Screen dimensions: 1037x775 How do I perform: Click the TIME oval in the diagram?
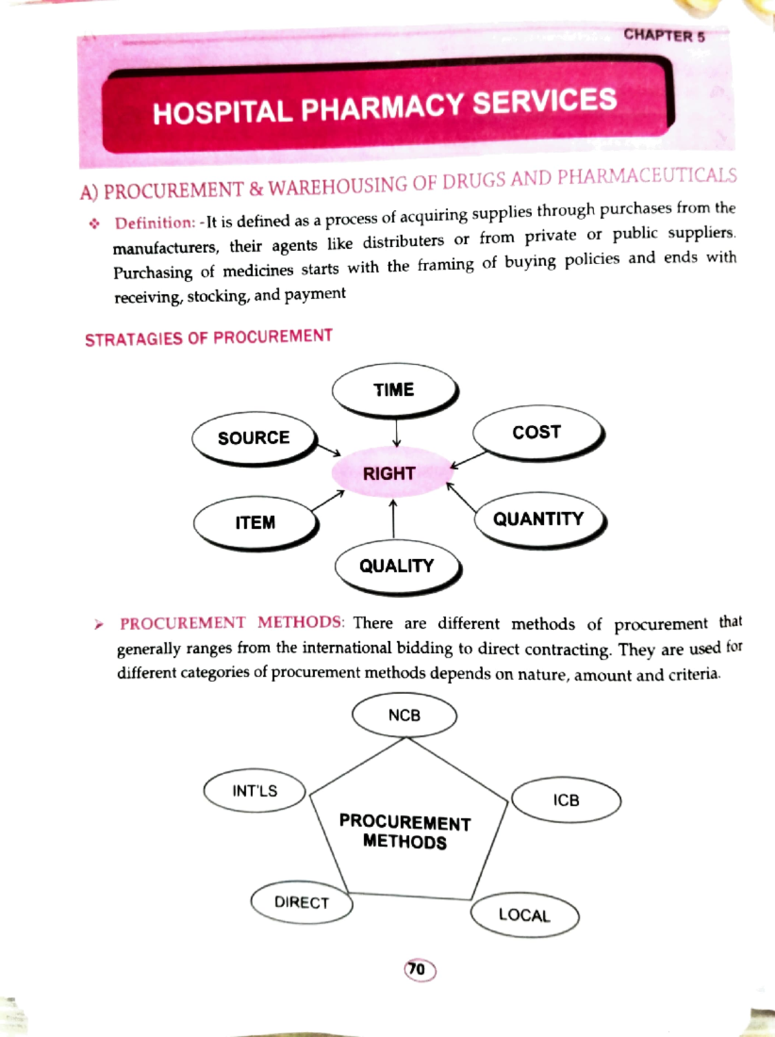click(394, 390)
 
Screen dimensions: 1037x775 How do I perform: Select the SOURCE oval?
click(254, 438)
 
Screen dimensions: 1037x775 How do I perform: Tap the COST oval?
click(537, 432)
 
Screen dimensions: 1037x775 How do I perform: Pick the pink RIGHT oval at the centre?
click(389, 473)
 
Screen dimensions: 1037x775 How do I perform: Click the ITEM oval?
click(255, 522)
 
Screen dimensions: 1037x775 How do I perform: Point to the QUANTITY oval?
click(539, 519)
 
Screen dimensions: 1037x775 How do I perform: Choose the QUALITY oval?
click(397, 566)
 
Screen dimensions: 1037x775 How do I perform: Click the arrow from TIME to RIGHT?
click(396, 432)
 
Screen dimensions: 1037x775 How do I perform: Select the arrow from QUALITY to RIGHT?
click(393, 518)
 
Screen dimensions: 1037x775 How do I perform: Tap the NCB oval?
click(404, 715)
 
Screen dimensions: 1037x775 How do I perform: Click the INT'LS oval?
click(254, 791)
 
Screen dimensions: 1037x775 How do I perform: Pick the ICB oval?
click(566, 800)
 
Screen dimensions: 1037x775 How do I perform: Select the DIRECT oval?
click(302, 902)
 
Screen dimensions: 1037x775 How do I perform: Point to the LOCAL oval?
click(524, 915)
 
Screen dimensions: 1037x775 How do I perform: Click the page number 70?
click(418, 969)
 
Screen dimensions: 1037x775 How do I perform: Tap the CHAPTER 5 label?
click(664, 36)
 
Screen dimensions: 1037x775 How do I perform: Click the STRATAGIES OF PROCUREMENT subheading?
click(209, 338)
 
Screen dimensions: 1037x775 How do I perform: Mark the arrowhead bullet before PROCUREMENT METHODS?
click(98, 624)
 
